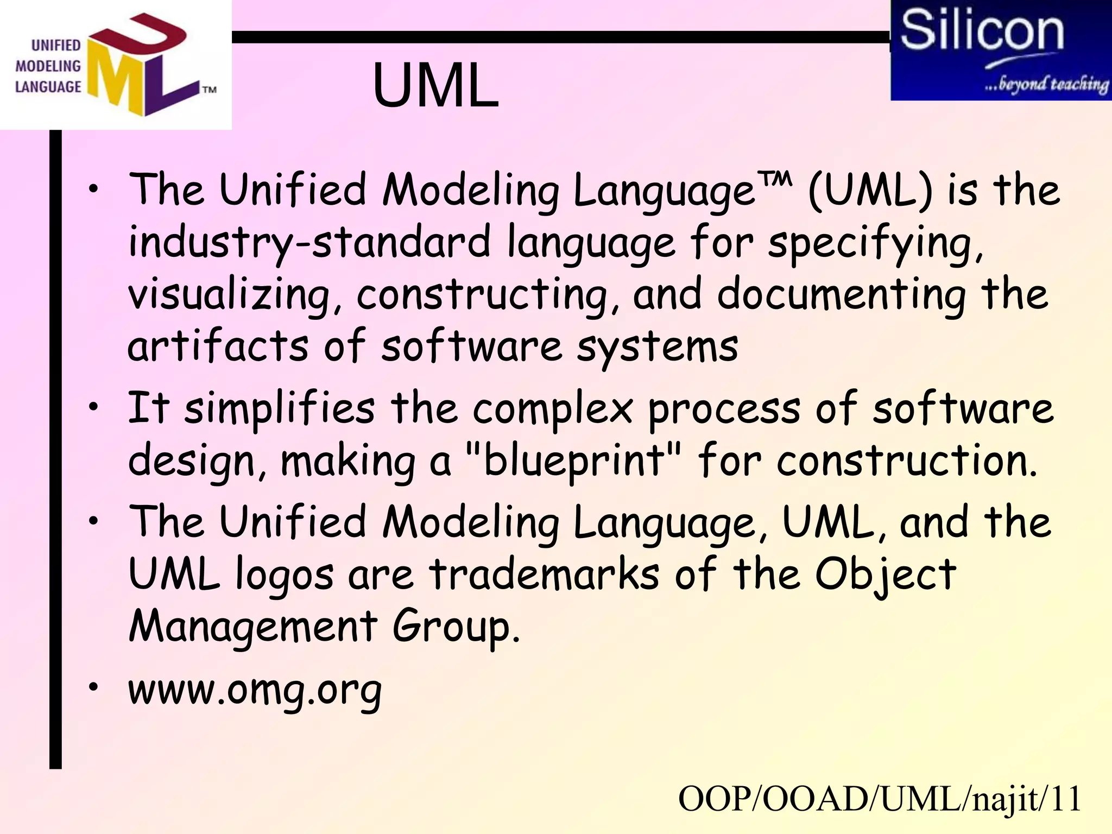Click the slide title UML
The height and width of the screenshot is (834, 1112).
pos(435,86)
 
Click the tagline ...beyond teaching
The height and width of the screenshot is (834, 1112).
pos(1046,84)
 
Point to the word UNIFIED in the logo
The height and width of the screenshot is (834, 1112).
pos(56,46)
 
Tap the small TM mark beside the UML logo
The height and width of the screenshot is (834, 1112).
pos(210,90)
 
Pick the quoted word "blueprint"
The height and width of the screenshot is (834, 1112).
pos(574,460)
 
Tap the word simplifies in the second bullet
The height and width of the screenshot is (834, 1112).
pos(279,408)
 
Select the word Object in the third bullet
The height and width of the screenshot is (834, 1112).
pos(885,574)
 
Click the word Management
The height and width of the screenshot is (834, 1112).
pos(253,626)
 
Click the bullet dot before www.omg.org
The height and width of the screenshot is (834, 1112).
pos(94,687)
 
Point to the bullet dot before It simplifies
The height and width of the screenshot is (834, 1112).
pos(94,406)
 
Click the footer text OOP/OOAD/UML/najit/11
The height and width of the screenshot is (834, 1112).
pos(880,799)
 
